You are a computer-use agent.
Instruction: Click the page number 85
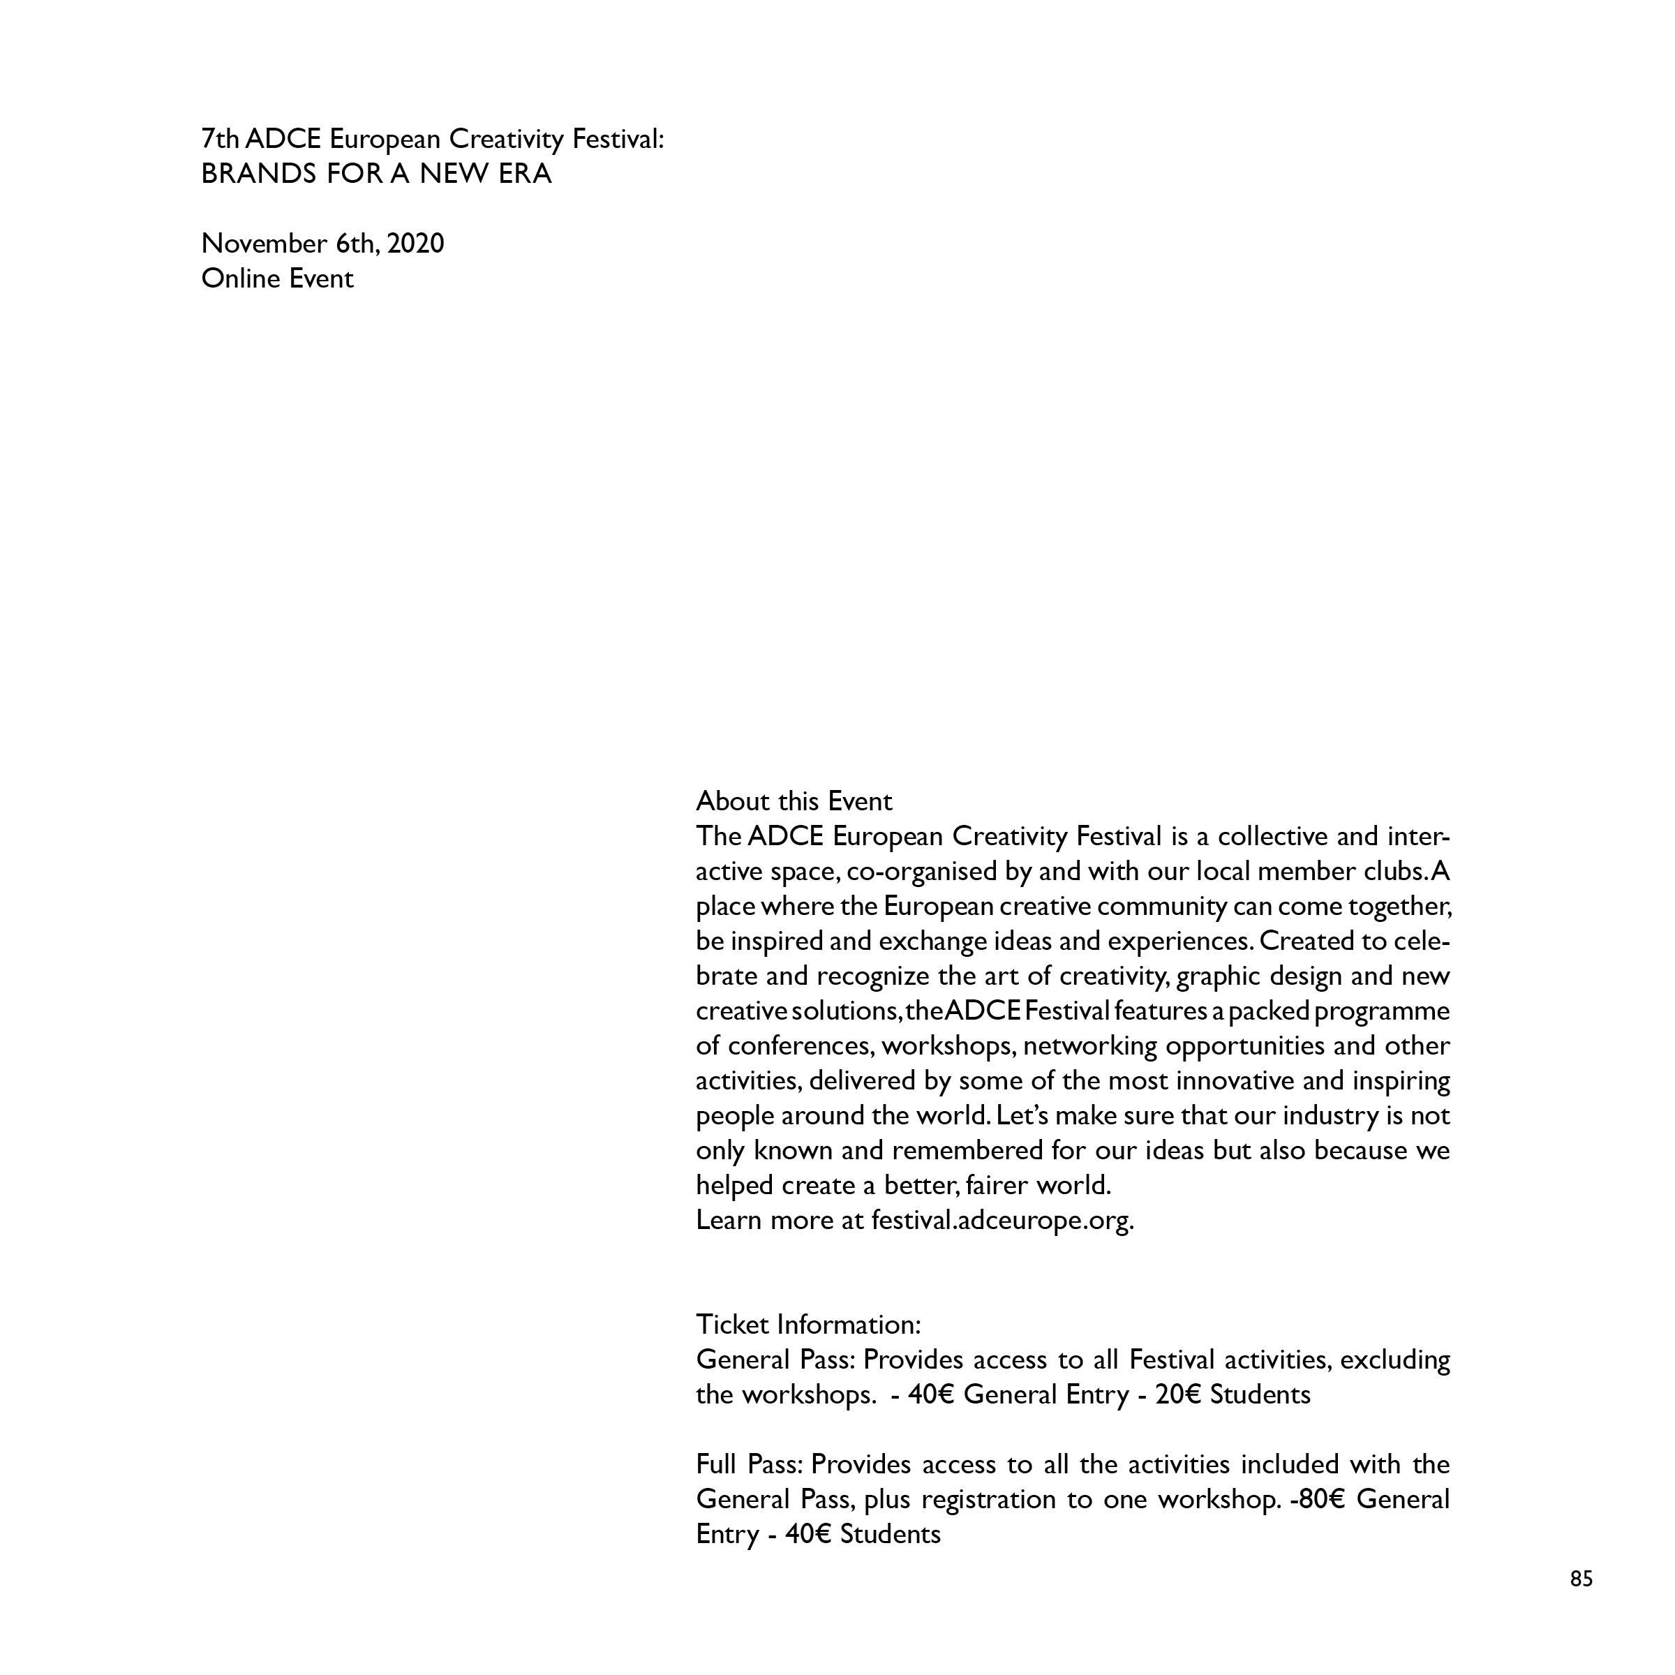[1581, 1579]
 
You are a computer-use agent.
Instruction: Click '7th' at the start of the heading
[221, 139]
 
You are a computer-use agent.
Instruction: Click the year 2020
[415, 244]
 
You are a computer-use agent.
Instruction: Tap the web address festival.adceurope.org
[1002, 1221]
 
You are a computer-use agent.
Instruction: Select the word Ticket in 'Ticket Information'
[733, 1325]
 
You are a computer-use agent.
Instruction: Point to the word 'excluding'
[1394, 1360]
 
